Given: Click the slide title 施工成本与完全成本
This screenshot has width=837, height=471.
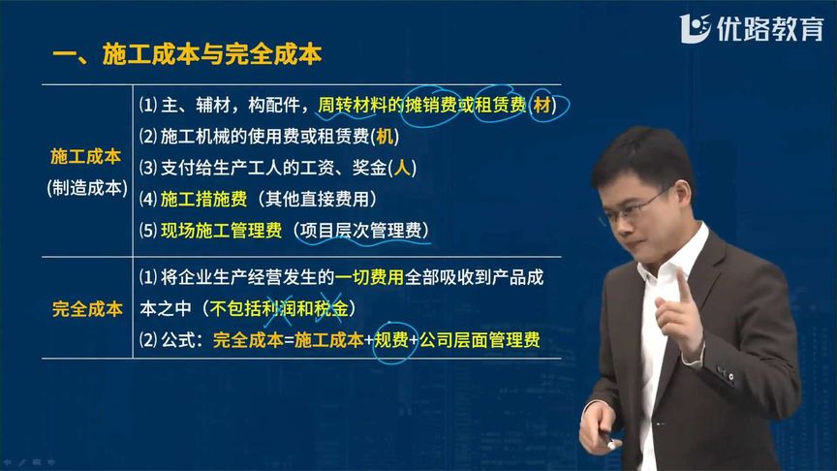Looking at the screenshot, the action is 212,54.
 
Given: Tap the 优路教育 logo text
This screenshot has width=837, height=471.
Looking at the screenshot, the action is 770,28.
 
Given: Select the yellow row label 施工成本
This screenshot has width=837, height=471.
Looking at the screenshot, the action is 85,156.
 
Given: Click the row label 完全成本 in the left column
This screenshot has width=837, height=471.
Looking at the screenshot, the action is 87,309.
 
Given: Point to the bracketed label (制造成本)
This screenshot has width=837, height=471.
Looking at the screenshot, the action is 87,188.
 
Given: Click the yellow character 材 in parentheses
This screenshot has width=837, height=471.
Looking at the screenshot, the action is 542,106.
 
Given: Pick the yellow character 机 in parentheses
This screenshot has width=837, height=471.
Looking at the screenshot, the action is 385,137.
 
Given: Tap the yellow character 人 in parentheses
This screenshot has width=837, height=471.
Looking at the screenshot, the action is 402,169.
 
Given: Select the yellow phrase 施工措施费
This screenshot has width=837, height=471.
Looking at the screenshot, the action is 203,200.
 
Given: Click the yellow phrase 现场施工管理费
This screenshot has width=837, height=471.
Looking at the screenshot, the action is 221,231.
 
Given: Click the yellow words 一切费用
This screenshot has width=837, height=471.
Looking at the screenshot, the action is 369,277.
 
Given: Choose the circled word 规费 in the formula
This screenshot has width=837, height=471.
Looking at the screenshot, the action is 391,340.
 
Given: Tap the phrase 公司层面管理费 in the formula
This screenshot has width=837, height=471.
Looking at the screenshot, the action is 480,340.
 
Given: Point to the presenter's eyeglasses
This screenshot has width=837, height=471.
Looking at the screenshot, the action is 635,208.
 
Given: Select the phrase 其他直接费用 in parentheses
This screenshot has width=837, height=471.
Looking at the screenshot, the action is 317,200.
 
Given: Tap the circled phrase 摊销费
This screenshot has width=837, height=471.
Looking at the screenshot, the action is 430,106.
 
